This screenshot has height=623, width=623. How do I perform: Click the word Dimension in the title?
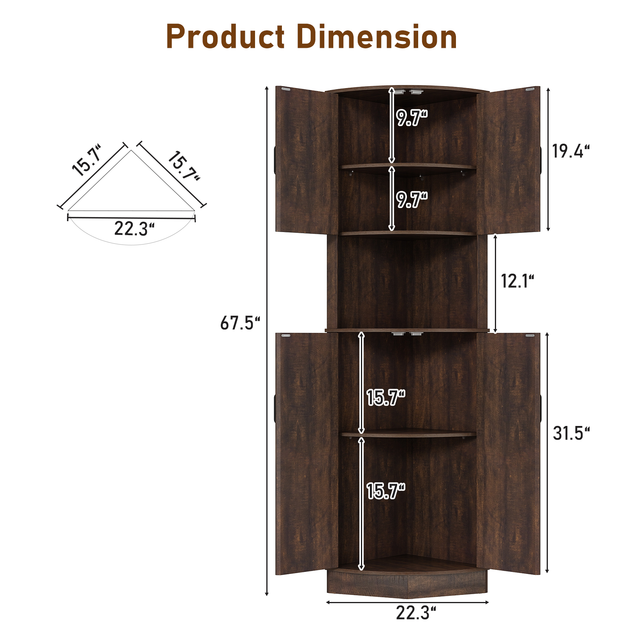click(x=377, y=37)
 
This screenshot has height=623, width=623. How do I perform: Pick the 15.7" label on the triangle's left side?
click(x=87, y=160)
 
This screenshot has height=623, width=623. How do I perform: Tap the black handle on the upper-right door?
click(x=540, y=160)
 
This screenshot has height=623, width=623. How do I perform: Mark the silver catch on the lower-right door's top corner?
click(x=530, y=335)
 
